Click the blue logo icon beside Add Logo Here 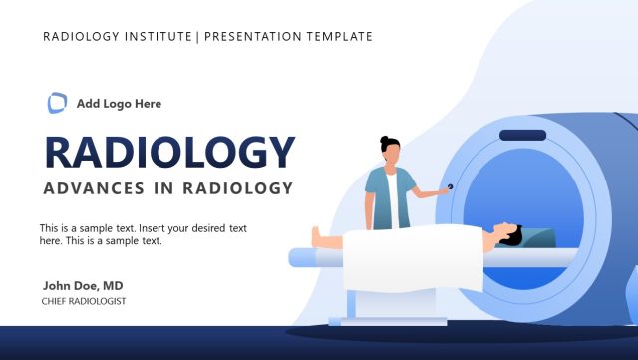tap(58, 102)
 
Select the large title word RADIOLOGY tap(170, 152)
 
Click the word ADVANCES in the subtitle tap(92, 188)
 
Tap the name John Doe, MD tap(83, 285)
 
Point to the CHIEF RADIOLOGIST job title tap(84, 301)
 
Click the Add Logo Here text tap(119, 103)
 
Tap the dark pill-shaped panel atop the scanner tap(522, 135)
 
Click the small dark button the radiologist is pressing tap(449, 186)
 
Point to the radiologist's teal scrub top tap(390, 194)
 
